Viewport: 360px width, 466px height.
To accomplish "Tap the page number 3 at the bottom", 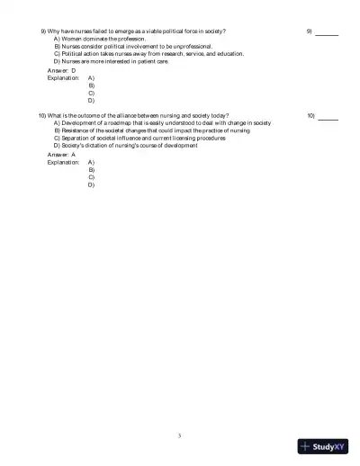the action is [180, 435].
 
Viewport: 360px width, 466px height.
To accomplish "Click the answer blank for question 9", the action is [327, 32].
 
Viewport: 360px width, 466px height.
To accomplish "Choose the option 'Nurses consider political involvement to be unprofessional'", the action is [133, 47].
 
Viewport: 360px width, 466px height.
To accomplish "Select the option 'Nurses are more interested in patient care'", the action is [111, 61].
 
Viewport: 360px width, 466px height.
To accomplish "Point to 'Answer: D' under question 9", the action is [61, 70].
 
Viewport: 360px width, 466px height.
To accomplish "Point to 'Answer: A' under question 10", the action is [61, 155].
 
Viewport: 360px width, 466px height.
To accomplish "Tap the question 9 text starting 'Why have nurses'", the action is [135, 31].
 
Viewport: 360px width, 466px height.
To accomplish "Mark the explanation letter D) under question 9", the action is [92, 101].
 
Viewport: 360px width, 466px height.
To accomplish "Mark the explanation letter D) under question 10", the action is [92, 185].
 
